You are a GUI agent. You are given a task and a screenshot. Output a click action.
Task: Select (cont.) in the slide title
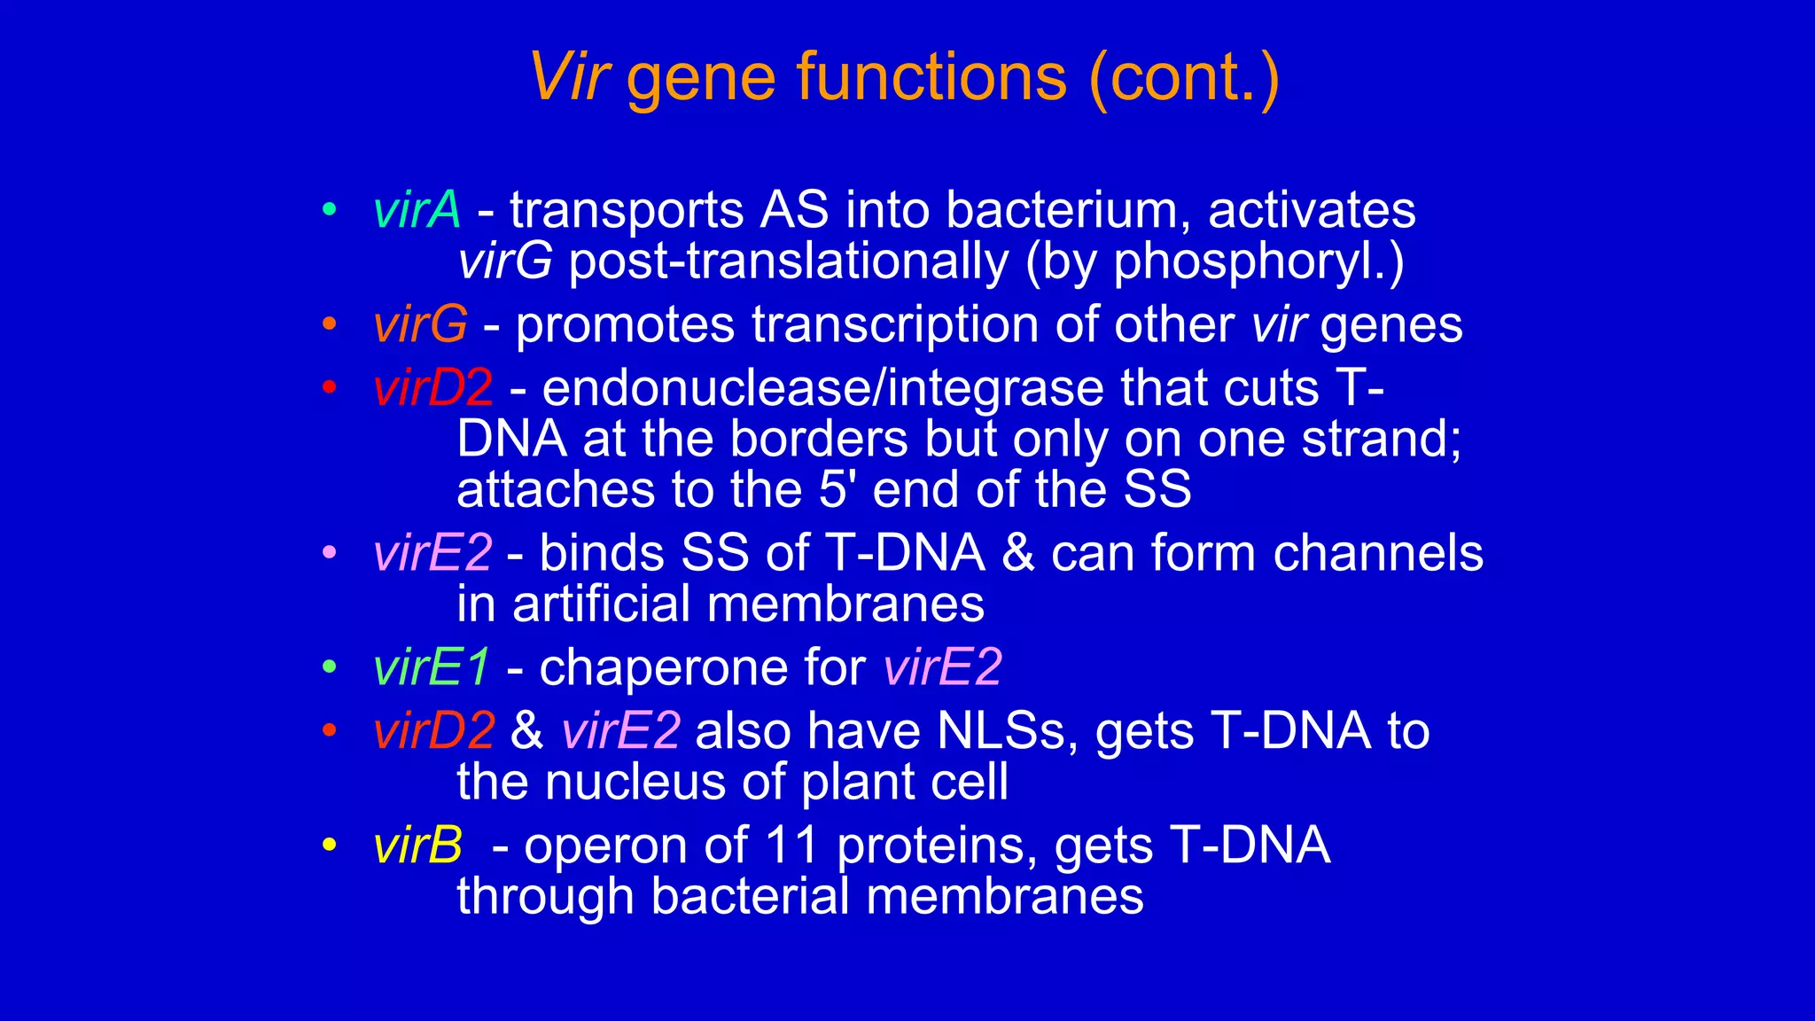tap(1184, 78)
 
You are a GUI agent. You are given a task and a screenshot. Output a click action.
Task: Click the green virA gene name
tap(417, 211)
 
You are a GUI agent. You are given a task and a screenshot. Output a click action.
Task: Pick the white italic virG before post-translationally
tap(504, 261)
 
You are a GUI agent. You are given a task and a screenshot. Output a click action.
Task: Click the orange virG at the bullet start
tap(420, 324)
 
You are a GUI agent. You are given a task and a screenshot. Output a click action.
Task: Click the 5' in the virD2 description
tap(837, 489)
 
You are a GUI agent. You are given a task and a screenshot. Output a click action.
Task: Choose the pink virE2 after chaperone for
tap(942, 667)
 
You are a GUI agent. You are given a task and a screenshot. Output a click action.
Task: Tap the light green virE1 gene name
tap(431, 667)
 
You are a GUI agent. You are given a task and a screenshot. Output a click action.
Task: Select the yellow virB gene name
tap(417, 846)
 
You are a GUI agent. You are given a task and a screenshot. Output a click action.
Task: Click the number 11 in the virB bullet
tap(791, 846)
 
